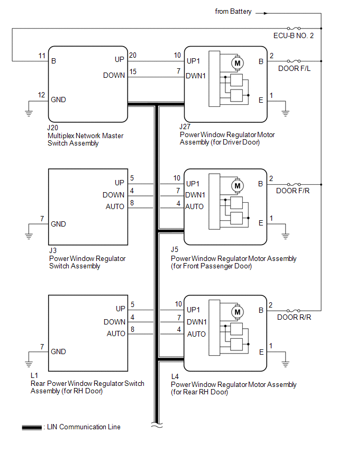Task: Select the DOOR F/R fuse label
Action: click(x=293, y=191)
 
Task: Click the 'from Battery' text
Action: click(x=233, y=12)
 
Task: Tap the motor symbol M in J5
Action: click(x=237, y=186)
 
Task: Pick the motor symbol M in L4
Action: click(x=237, y=312)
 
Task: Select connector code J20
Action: click(x=53, y=128)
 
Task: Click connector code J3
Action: click(x=52, y=251)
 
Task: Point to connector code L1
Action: click(x=34, y=376)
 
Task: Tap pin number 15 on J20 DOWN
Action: click(x=134, y=71)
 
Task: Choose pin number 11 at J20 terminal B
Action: click(x=42, y=56)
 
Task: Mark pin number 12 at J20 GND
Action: click(x=42, y=95)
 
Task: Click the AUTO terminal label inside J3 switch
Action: click(x=116, y=206)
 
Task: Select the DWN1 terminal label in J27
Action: click(x=196, y=76)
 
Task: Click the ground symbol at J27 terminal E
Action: click(x=285, y=112)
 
